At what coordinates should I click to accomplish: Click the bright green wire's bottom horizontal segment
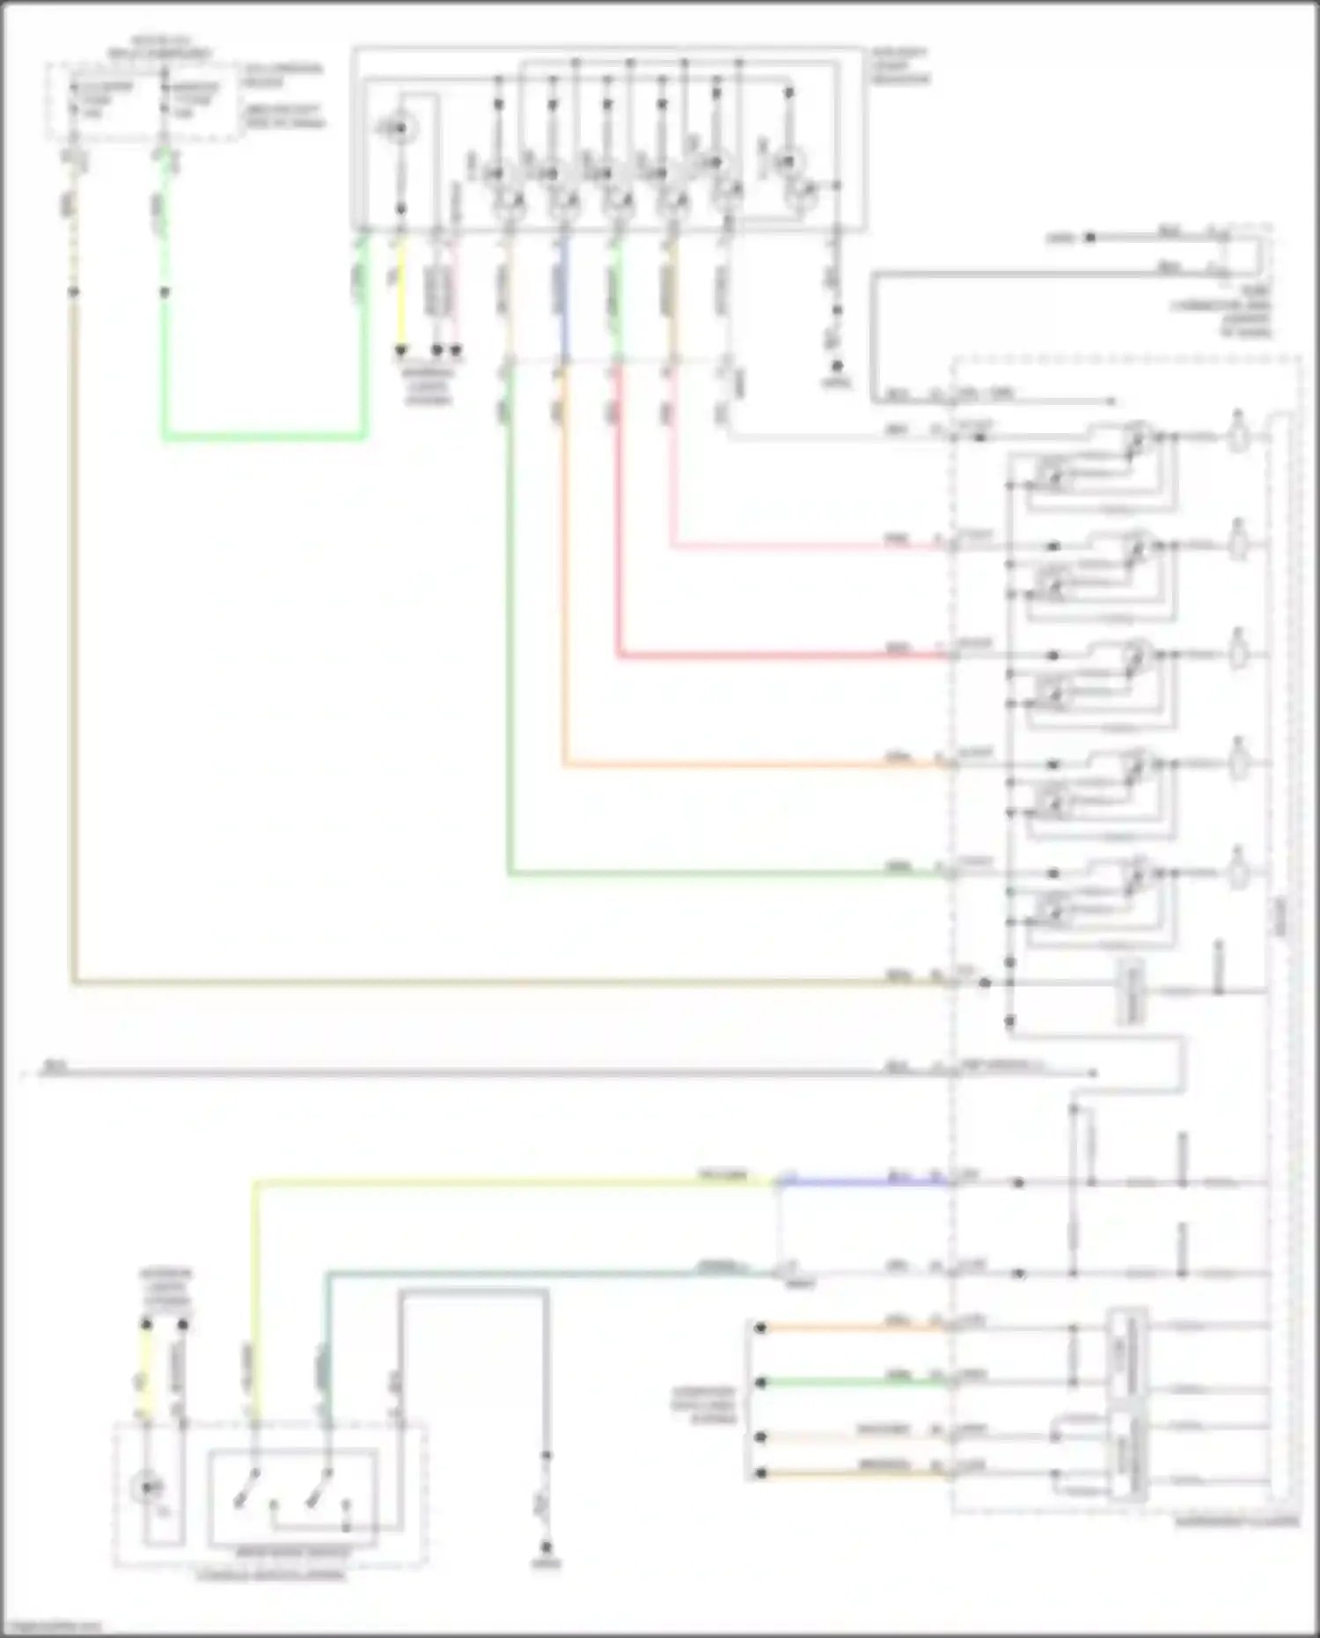coord(264,436)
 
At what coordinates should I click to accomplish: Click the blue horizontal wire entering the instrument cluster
coord(862,1182)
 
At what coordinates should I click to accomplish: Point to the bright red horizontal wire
coord(774,656)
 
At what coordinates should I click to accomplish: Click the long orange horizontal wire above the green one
coord(748,765)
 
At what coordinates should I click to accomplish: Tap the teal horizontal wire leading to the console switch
coord(528,1273)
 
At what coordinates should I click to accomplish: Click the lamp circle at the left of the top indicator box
coord(398,129)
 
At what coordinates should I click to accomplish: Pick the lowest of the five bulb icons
coord(1238,872)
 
